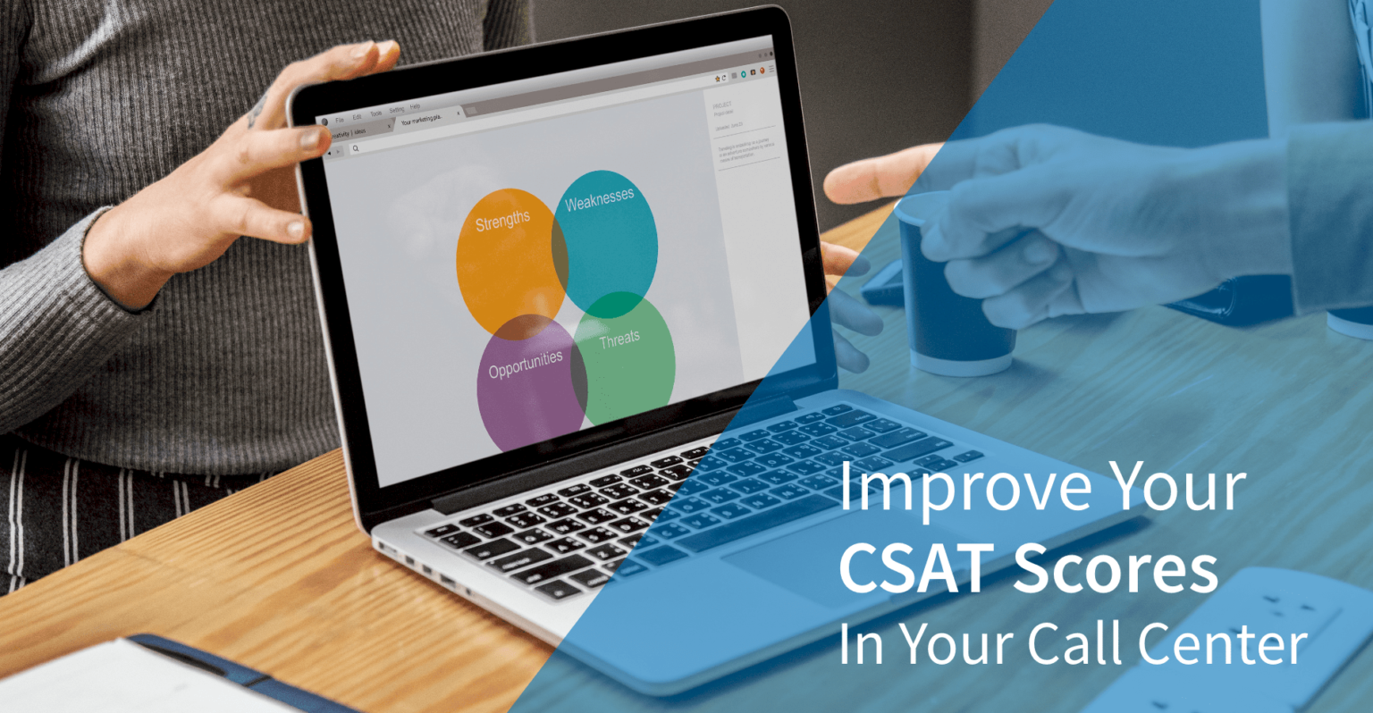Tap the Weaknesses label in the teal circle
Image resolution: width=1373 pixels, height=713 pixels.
coord(599,198)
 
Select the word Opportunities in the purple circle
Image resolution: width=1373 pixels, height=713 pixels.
coord(526,364)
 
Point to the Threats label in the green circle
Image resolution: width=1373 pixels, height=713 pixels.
coord(619,339)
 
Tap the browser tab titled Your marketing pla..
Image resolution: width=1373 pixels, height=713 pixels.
coord(421,121)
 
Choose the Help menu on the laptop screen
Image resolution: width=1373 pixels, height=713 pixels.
coord(415,106)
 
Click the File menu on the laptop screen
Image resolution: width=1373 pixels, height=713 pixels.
coord(340,119)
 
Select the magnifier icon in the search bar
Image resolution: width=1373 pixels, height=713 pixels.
coord(355,148)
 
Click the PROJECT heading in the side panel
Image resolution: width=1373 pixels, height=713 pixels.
coord(722,105)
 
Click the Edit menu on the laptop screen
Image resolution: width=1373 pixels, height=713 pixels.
coord(357,116)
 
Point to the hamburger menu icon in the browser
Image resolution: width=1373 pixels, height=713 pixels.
coord(771,68)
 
